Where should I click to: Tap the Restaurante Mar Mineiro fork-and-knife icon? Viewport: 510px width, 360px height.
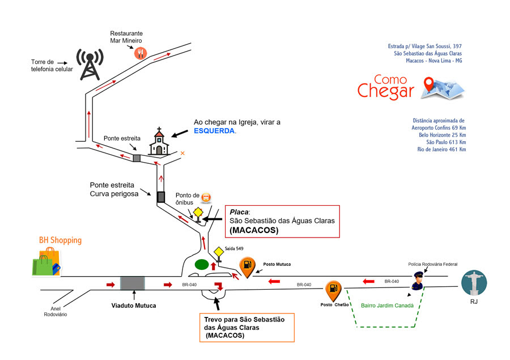coord(141,53)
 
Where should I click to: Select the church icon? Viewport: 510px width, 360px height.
coord(159,142)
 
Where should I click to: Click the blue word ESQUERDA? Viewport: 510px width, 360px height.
coord(214,131)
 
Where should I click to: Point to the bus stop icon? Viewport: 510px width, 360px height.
coord(207,198)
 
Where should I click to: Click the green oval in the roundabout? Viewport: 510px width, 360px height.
coord(201,264)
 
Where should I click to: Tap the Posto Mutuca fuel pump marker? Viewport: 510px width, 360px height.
coord(246,265)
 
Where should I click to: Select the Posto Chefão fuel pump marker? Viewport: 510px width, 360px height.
coord(333,290)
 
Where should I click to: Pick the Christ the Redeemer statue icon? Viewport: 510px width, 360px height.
coord(474,282)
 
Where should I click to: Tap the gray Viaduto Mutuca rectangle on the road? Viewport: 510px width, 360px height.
coord(132,283)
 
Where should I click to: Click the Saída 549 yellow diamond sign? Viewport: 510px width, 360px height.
coord(219,252)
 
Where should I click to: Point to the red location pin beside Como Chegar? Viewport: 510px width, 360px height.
coord(434,85)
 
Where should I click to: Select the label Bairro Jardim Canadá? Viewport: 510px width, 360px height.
coord(388,306)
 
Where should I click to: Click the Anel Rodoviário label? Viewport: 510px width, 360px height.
coord(56,311)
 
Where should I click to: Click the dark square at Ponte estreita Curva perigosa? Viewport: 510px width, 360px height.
coord(160,197)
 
